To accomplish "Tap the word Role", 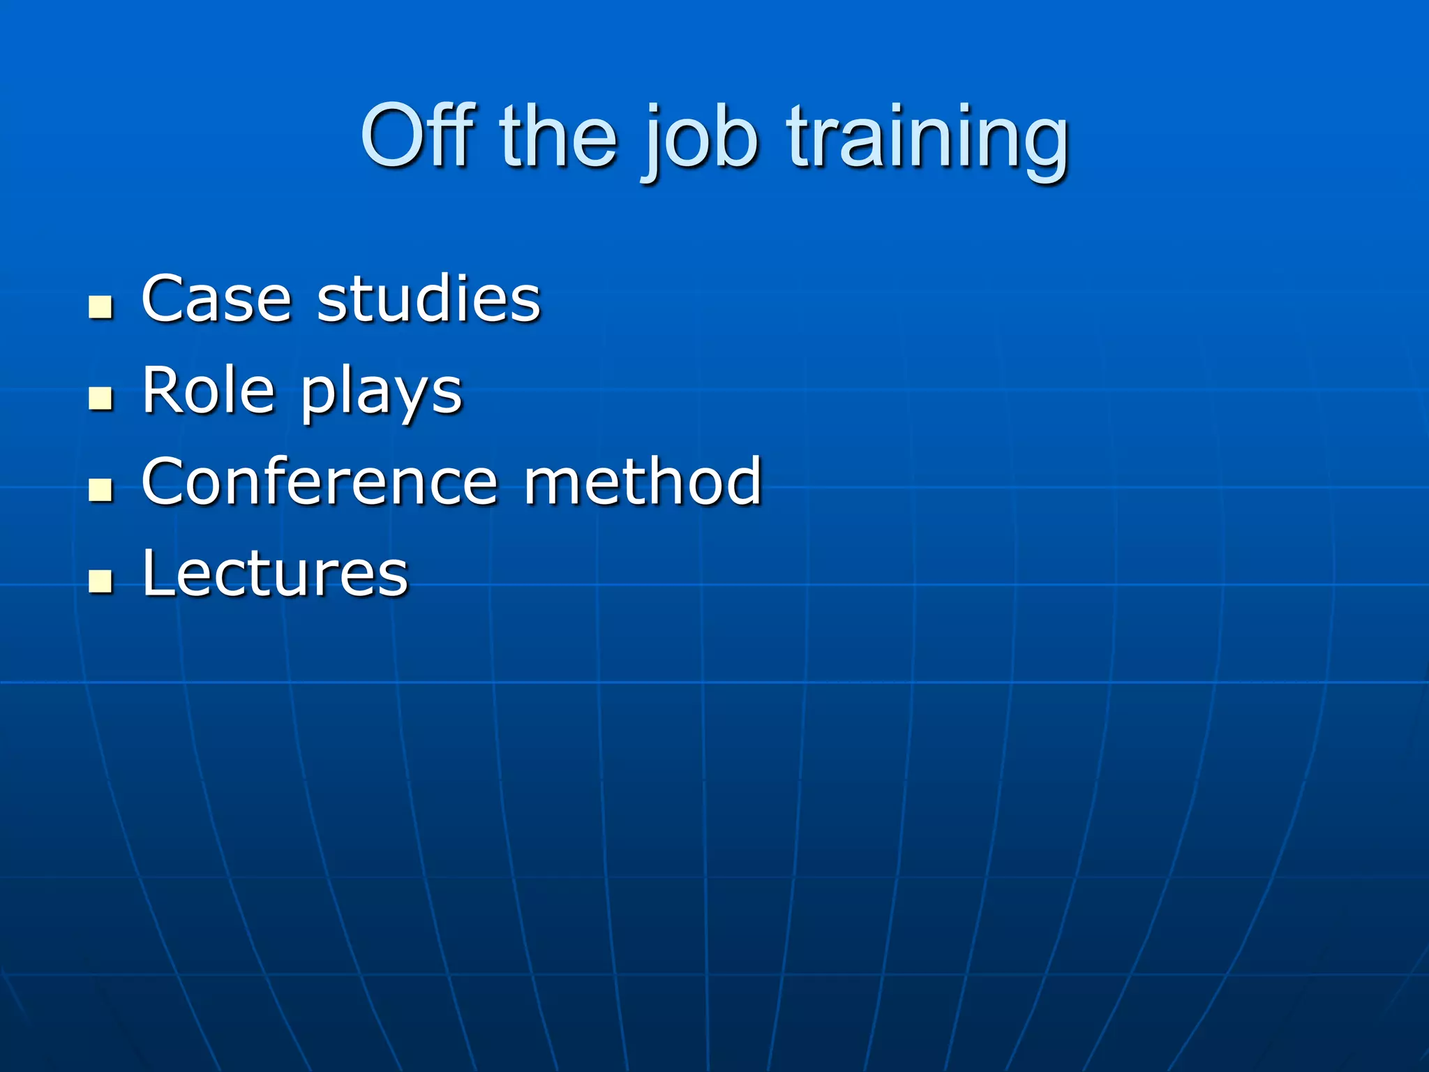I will pyautogui.click(x=208, y=390).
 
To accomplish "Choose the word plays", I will pyautogui.click(x=382, y=394).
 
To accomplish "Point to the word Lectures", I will pyautogui.click(x=275, y=574).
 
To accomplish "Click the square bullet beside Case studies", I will pyautogui.click(x=101, y=306).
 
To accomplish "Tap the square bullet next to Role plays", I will pyautogui.click(x=101, y=398).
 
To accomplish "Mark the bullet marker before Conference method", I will pyautogui.click(x=101, y=489).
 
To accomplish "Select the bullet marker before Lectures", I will pyautogui.click(x=101, y=581).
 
